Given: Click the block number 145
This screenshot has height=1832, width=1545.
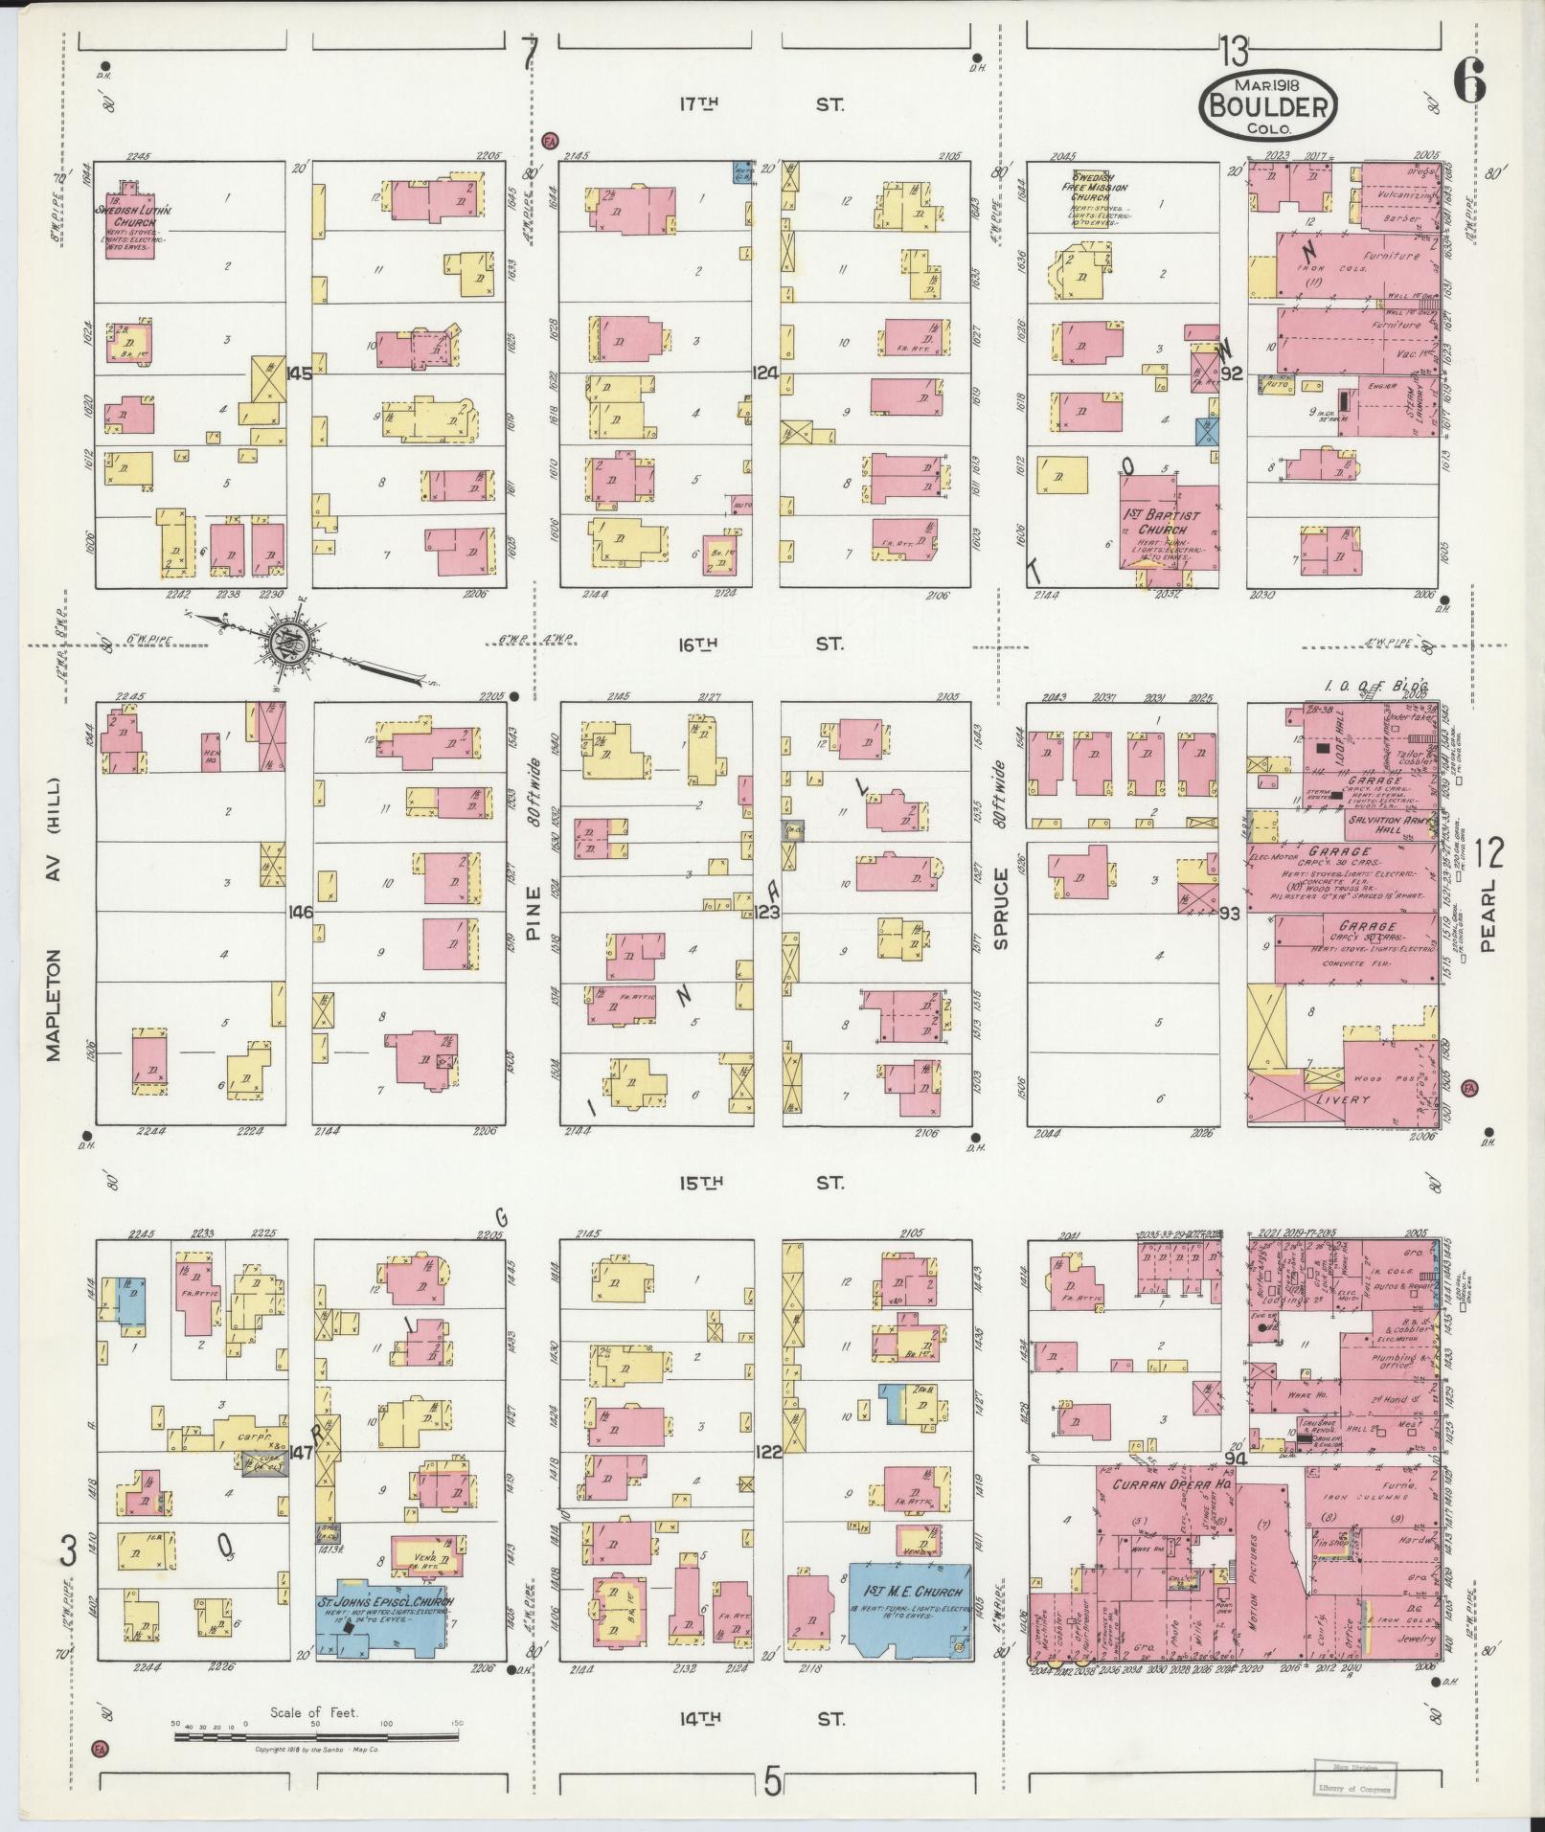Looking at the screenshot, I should pos(299,373).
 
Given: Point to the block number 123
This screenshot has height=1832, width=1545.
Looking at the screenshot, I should pos(766,913).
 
